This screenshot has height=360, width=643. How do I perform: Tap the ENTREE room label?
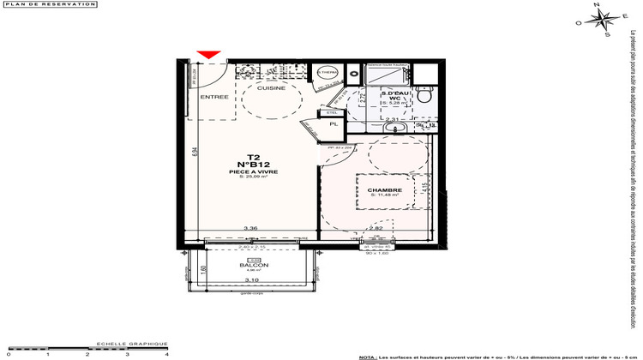pos(214,97)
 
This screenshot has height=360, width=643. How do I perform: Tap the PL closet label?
pos(334,124)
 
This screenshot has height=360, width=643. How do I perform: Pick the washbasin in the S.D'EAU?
pos(395,129)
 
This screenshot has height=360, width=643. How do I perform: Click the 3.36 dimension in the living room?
pos(251,228)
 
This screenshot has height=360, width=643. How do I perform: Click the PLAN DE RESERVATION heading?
pos(35,5)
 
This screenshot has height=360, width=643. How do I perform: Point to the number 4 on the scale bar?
pos(166,354)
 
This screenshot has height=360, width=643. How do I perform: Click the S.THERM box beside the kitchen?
pos(327,74)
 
